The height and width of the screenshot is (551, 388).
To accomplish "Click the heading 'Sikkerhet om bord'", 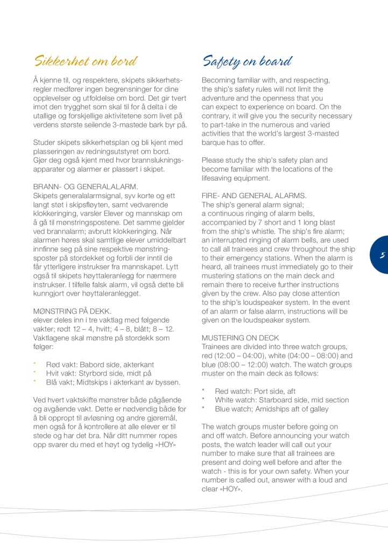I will click(x=85, y=60).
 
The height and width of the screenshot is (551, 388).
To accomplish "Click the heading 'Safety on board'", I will click(x=247, y=61).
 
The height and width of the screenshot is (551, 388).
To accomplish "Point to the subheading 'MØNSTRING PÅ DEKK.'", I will click(x=73, y=311).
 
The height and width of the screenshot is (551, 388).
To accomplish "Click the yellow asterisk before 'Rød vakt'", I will click(x=34, y=364).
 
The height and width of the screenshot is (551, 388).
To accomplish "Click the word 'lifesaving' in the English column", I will click(x=218, y=178).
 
